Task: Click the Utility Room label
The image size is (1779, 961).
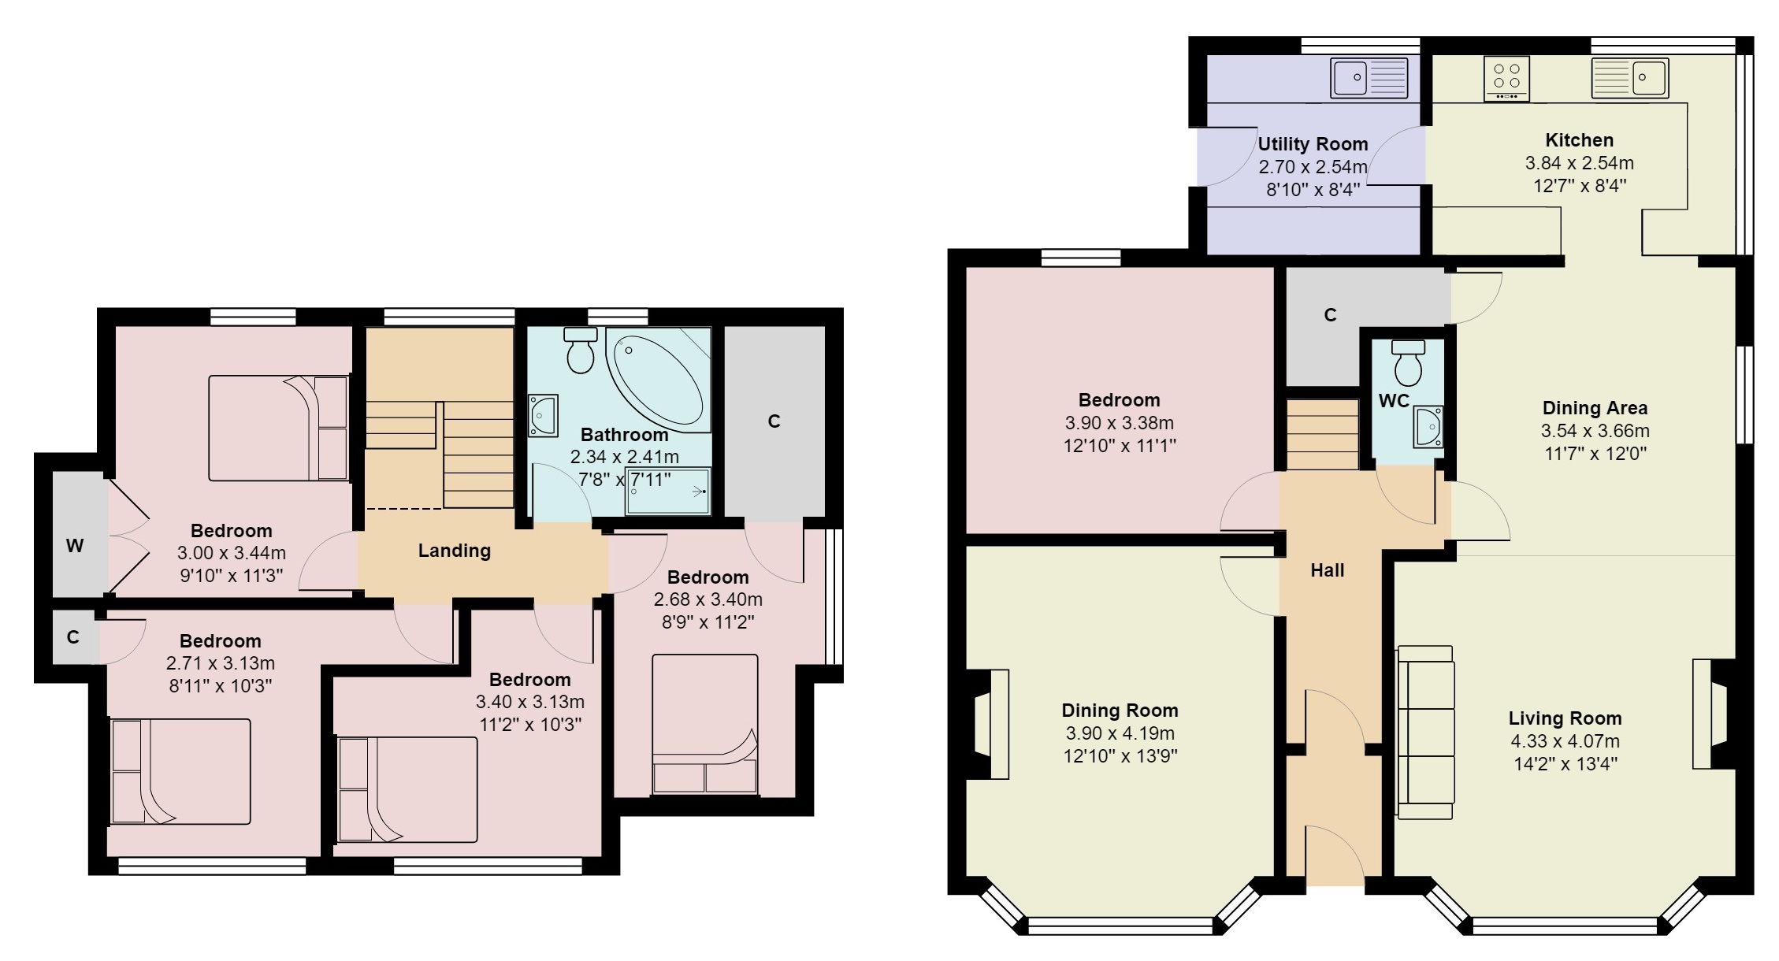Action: [1313, 144]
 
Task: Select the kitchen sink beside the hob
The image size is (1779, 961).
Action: [1629, 77]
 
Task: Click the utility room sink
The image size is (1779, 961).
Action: [1369, 77]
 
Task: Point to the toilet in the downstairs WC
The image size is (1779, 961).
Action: [1408, 362]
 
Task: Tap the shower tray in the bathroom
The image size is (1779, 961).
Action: [667, 492]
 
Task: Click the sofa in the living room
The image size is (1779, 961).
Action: [1425, 733]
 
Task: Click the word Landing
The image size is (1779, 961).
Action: [454, 551]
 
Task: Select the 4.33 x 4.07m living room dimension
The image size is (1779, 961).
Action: [1565, 741]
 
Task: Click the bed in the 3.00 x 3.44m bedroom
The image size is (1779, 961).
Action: [277, 428]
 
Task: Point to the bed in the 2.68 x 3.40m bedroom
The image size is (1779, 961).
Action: [705, 723]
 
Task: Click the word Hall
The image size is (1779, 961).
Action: [1327, 570]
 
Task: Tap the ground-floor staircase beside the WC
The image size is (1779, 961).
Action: [1323, 434]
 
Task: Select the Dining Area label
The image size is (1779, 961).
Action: [1595, 408]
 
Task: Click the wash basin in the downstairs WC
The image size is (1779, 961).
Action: [1427, 426]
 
